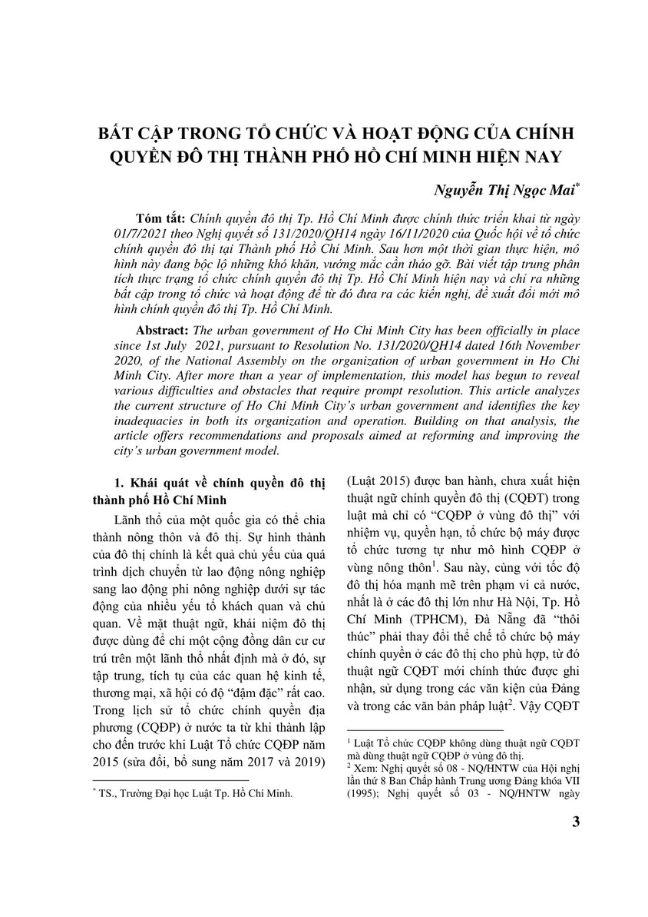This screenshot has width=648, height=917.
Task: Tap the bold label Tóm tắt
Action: [156, 218]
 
